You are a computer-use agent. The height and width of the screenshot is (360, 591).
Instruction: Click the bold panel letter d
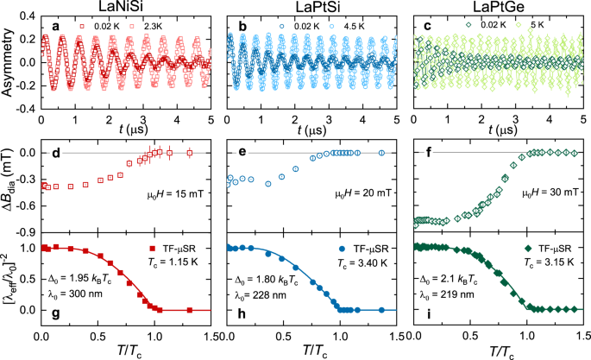58,153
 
